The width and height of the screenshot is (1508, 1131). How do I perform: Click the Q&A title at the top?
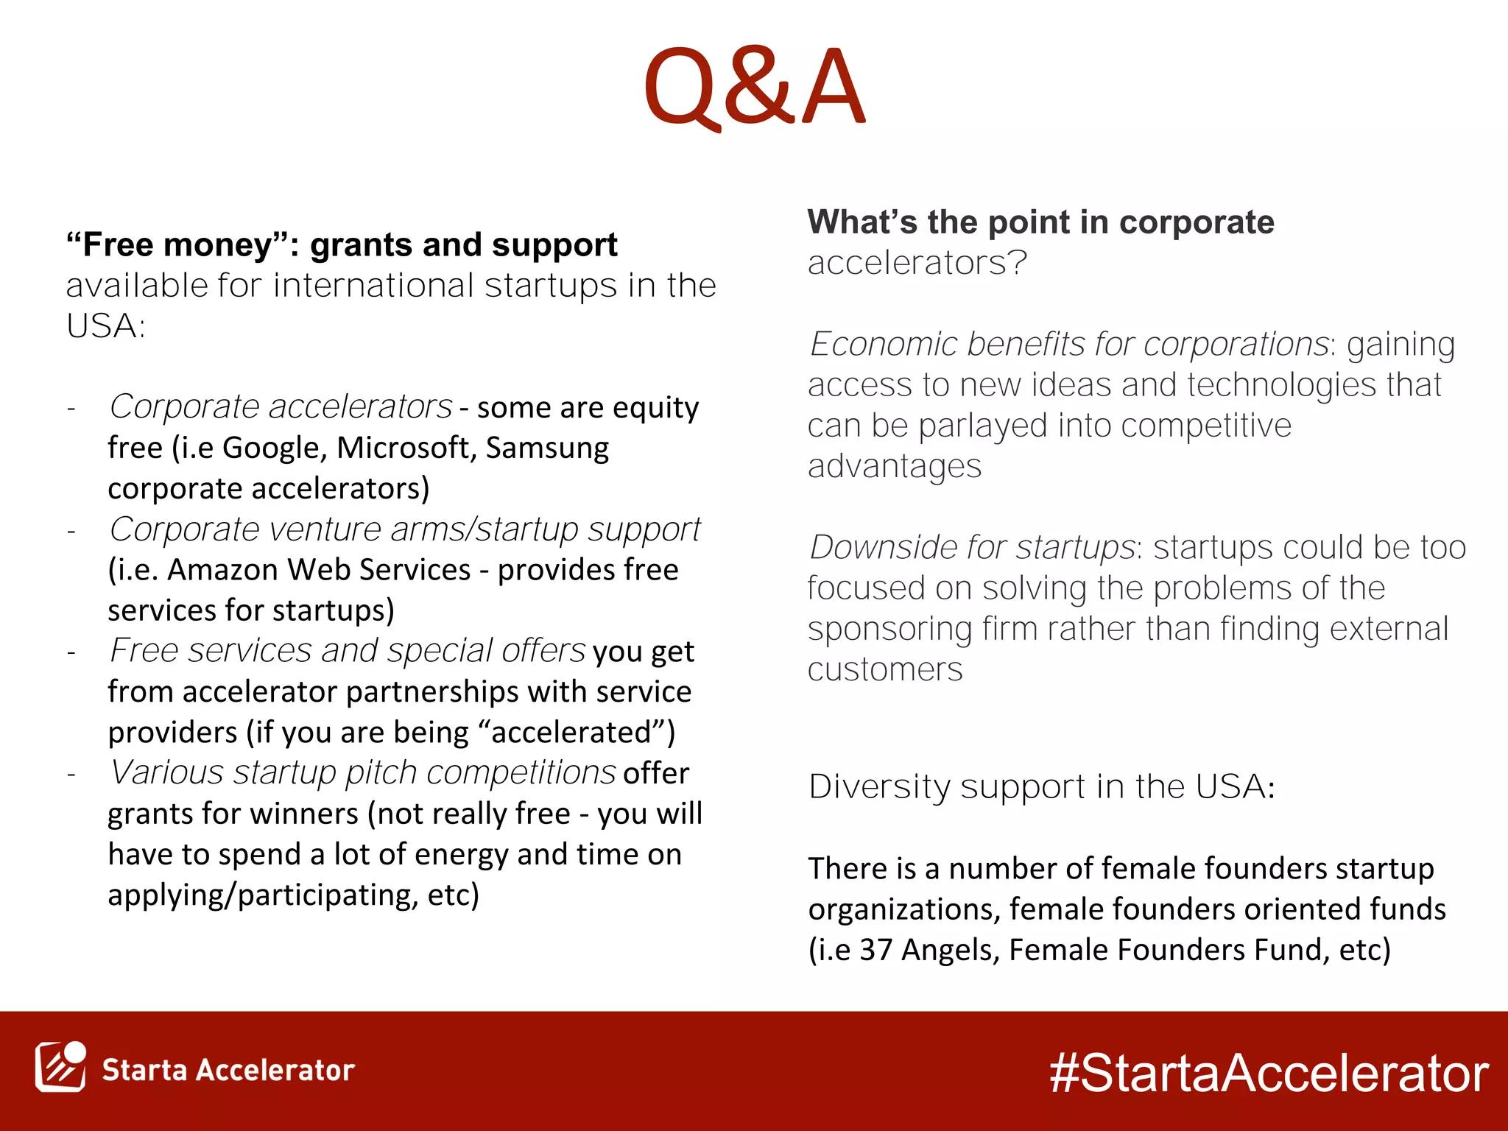754,87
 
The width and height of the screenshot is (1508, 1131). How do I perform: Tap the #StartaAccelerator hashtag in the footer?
1269,1073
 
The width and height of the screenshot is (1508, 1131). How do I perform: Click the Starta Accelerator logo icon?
60,1067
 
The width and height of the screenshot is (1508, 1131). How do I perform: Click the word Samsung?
547,448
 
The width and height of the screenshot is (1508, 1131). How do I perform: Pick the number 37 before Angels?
876,950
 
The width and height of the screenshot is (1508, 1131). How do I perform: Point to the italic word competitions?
521,773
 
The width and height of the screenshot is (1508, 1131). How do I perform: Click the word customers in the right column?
885,670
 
